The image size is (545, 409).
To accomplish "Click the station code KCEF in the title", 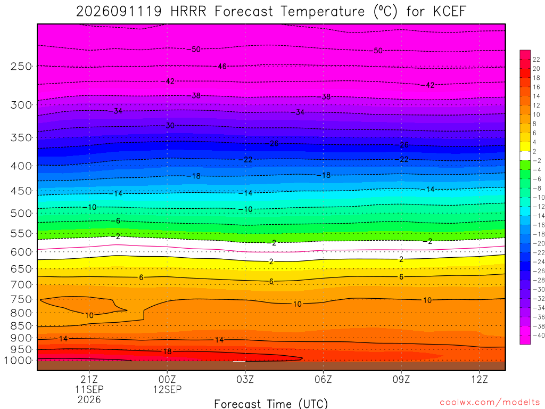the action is click(x=449, y=12).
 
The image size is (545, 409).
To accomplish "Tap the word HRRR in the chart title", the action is click(x=188, y=12).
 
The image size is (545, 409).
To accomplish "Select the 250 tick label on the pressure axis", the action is click(x=21, y=66).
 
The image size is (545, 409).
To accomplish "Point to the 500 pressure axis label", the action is click(x=21, y=213).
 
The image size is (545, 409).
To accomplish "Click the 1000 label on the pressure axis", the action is click(x=19, y=361).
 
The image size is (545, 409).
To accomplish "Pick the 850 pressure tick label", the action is click(x=21, y=326).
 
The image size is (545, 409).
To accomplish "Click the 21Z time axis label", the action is click(x=89, y=379).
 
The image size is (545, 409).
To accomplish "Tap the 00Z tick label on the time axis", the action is click(x=167, y=379).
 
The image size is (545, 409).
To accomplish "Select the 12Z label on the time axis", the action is click(x=480, y=379).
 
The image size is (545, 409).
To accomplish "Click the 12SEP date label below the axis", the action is click(x=167, y=389).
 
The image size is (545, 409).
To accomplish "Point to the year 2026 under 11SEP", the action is click(x=89, y=400).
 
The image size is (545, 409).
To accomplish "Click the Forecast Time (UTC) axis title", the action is click(x=271, y=404).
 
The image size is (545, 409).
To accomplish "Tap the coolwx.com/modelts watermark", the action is click(x=490, y=403).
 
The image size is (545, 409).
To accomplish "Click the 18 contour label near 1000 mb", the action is click(x=168, y=351).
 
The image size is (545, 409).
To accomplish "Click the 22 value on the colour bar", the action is click(x=536, y=60).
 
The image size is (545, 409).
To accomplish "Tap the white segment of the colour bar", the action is click(x=525, y=156).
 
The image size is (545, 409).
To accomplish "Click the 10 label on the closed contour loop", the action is click(x=89, y=315).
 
